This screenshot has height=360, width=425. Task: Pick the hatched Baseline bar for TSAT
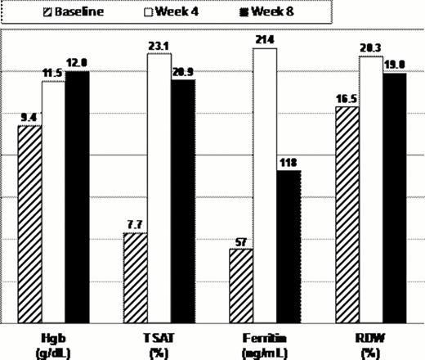tap(135, 277)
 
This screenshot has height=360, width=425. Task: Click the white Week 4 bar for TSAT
tap(159, 187)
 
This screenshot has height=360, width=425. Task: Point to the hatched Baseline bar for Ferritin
tap(241, 286)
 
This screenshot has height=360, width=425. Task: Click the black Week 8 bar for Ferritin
tap(289, 246)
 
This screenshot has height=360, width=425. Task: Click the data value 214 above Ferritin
tap(265, 40)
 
